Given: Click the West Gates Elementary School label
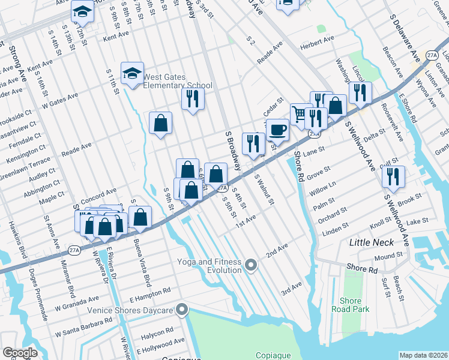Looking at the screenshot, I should pyautogui.click(x=178, y=81).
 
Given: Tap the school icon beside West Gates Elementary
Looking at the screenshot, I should pyautogui.click(x=132, y=74).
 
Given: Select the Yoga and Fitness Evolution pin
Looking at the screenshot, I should pyautogui.click(x=252, y=264).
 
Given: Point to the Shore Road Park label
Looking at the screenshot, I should pyautogui.click(x=351, y=305).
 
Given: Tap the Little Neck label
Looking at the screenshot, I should pyautogui.click(x=372, y=242).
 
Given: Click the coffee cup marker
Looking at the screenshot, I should pyautogui.click(x=277, y=130).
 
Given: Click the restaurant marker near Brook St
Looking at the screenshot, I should pyautogui.click(x=393, y=176).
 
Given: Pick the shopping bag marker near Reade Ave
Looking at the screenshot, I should pyautogui.click(x=161, y=123).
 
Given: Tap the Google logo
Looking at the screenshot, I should pyautogui.click(x=20, y=353).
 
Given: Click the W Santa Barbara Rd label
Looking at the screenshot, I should pyautogui.click(x=84, y=328).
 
